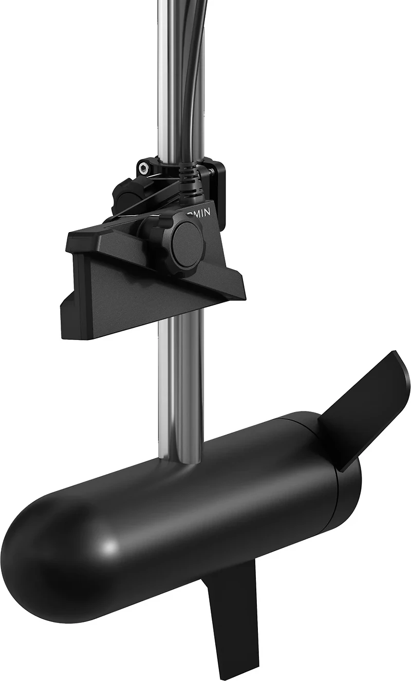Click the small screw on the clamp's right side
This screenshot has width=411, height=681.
click(210, 169)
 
